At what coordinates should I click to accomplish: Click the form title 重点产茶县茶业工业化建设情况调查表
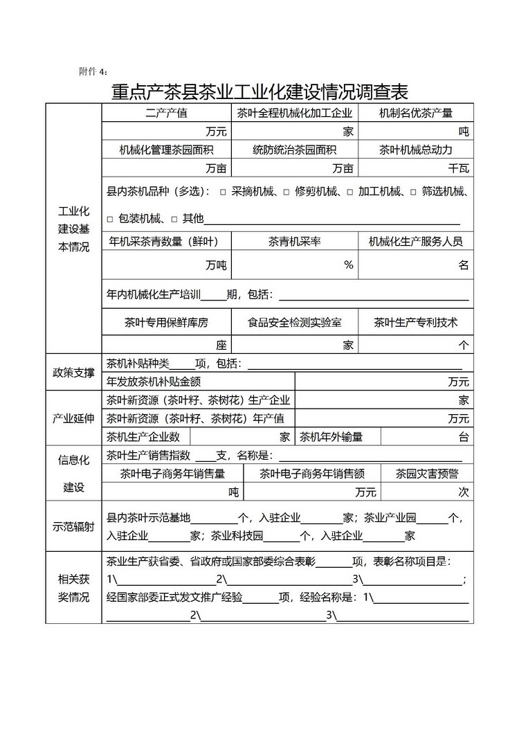(x=259, y=91)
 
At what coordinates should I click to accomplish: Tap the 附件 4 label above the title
(x=93, y=71)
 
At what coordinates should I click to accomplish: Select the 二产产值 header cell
(x=166, y=113)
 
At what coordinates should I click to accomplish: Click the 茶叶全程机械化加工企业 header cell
(x=295, y=113)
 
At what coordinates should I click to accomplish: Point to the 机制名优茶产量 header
(x=416, y=113)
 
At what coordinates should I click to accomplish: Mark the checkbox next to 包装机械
(x=109, y=220)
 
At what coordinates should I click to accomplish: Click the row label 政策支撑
(x=73, y=373)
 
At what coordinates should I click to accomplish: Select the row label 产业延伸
(x=73, y=418)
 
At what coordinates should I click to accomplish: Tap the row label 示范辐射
(x=73, y=526)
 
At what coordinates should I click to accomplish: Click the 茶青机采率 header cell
(x=295, y=242)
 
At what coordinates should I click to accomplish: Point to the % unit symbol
(x=349, y=265)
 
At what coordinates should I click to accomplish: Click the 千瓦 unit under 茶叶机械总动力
(x=458, y=168)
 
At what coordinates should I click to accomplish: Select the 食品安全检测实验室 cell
(x=295, y=323)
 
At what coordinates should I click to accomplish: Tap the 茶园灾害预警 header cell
(x=427, y=474)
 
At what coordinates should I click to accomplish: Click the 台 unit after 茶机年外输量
(x=464, y=437)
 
